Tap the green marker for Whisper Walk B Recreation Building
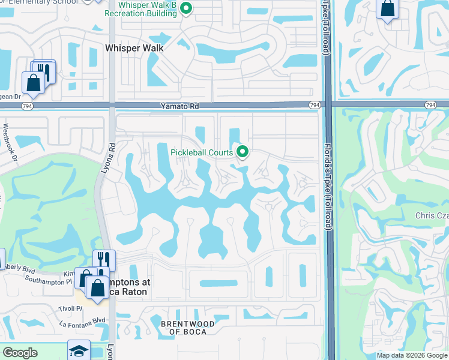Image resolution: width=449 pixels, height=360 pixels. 185,8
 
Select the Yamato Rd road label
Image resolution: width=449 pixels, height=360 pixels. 179,105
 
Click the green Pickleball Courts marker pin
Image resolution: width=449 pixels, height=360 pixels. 243,152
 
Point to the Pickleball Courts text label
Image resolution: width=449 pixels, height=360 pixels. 202,152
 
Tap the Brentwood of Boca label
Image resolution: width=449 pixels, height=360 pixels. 188,328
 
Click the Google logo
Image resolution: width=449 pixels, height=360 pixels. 20,352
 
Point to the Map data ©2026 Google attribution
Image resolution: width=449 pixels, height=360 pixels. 411,355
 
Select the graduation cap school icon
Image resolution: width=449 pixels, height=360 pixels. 79,351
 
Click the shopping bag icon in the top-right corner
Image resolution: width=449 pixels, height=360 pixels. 387,8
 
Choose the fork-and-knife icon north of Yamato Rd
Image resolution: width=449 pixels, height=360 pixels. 44,70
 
